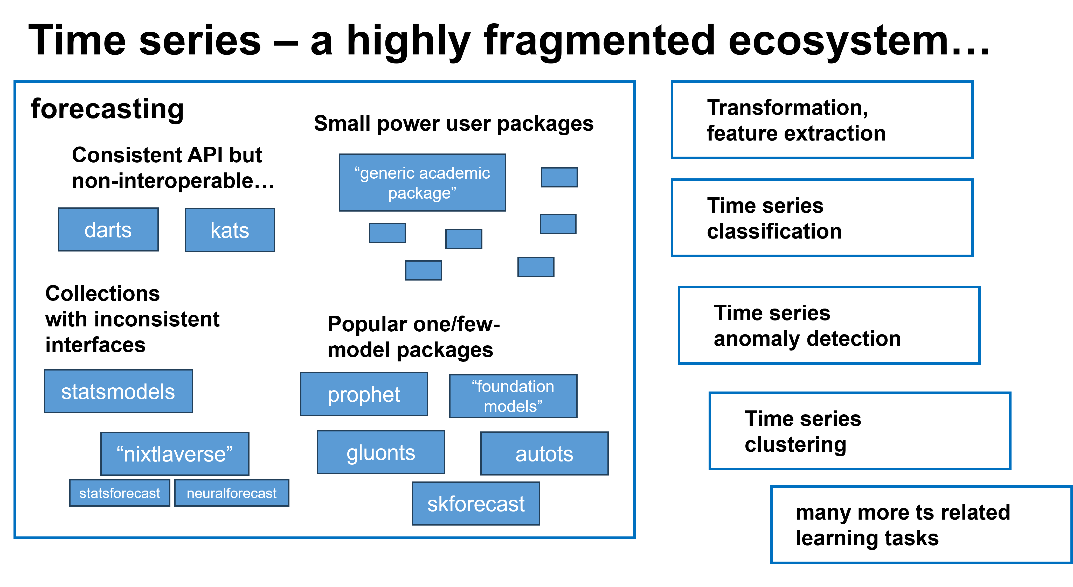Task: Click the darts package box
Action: pyautogui.click(x=108, y=230)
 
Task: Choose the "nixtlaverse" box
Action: pyautogui.click(x=175, y=454)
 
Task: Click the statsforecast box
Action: pyautogui.click(x=120, y=493)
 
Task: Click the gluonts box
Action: pyautogui.click(x=381, y=452)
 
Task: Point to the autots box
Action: pyautogui.click(x=544, y=454)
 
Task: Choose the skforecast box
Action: pyautogui.click(x=476, y=504)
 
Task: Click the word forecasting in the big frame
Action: pyautogui.click(x=107, y=109)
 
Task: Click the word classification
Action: pyautogui.click(x=774, y=231)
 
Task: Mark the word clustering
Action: pyautogui.click(x=795, y=445)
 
